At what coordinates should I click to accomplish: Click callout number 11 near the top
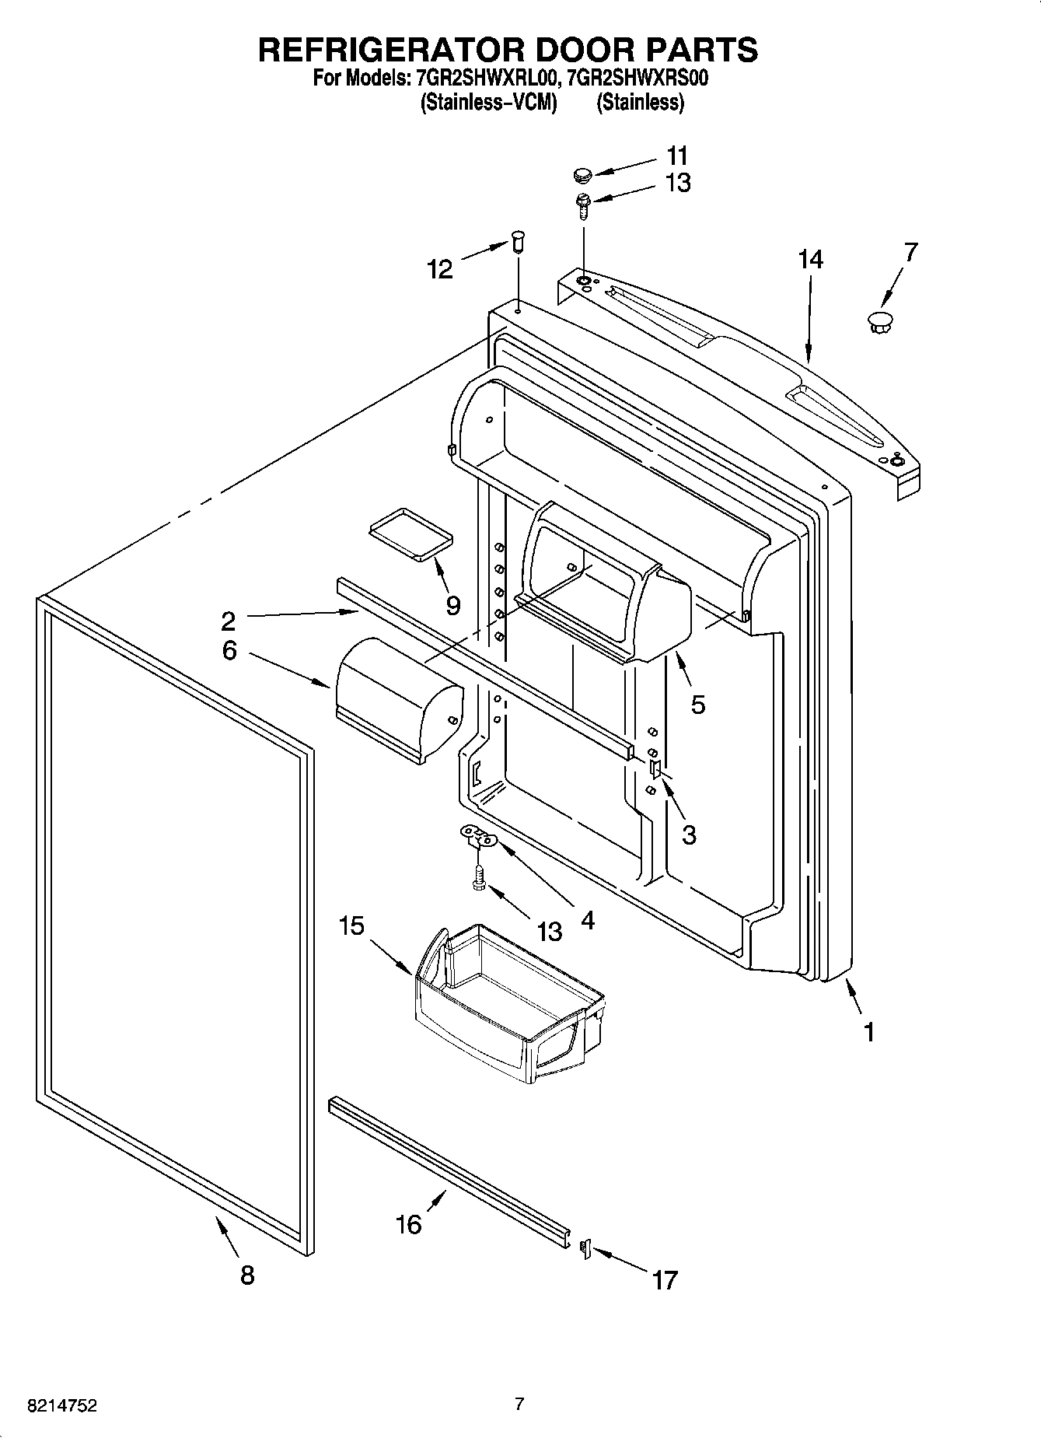point(677,155)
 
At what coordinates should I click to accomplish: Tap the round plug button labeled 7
point(879,320)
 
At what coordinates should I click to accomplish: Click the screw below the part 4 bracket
point(480,876)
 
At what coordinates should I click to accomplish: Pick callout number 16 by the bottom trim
point(408,1224)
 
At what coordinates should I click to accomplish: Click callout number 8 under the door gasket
point(247,1275)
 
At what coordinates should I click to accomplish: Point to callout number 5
point(697,705)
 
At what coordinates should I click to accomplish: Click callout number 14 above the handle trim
point(810,259)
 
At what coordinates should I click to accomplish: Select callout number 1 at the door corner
point(869,1032)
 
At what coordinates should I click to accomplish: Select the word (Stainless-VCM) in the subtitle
point(488,102)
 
